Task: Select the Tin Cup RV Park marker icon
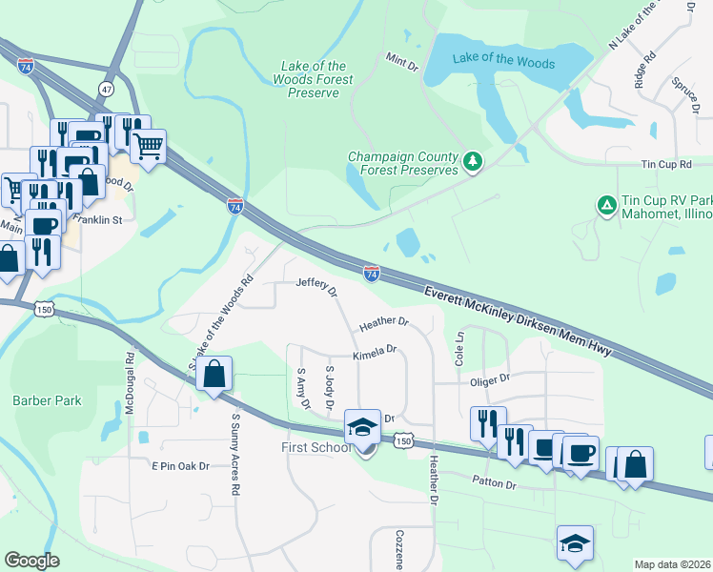pos(605,205)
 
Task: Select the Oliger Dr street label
pos(491,378)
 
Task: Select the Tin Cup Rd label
pos(665,165)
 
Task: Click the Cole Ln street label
pos(459,350)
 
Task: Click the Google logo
pos(31,560)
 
